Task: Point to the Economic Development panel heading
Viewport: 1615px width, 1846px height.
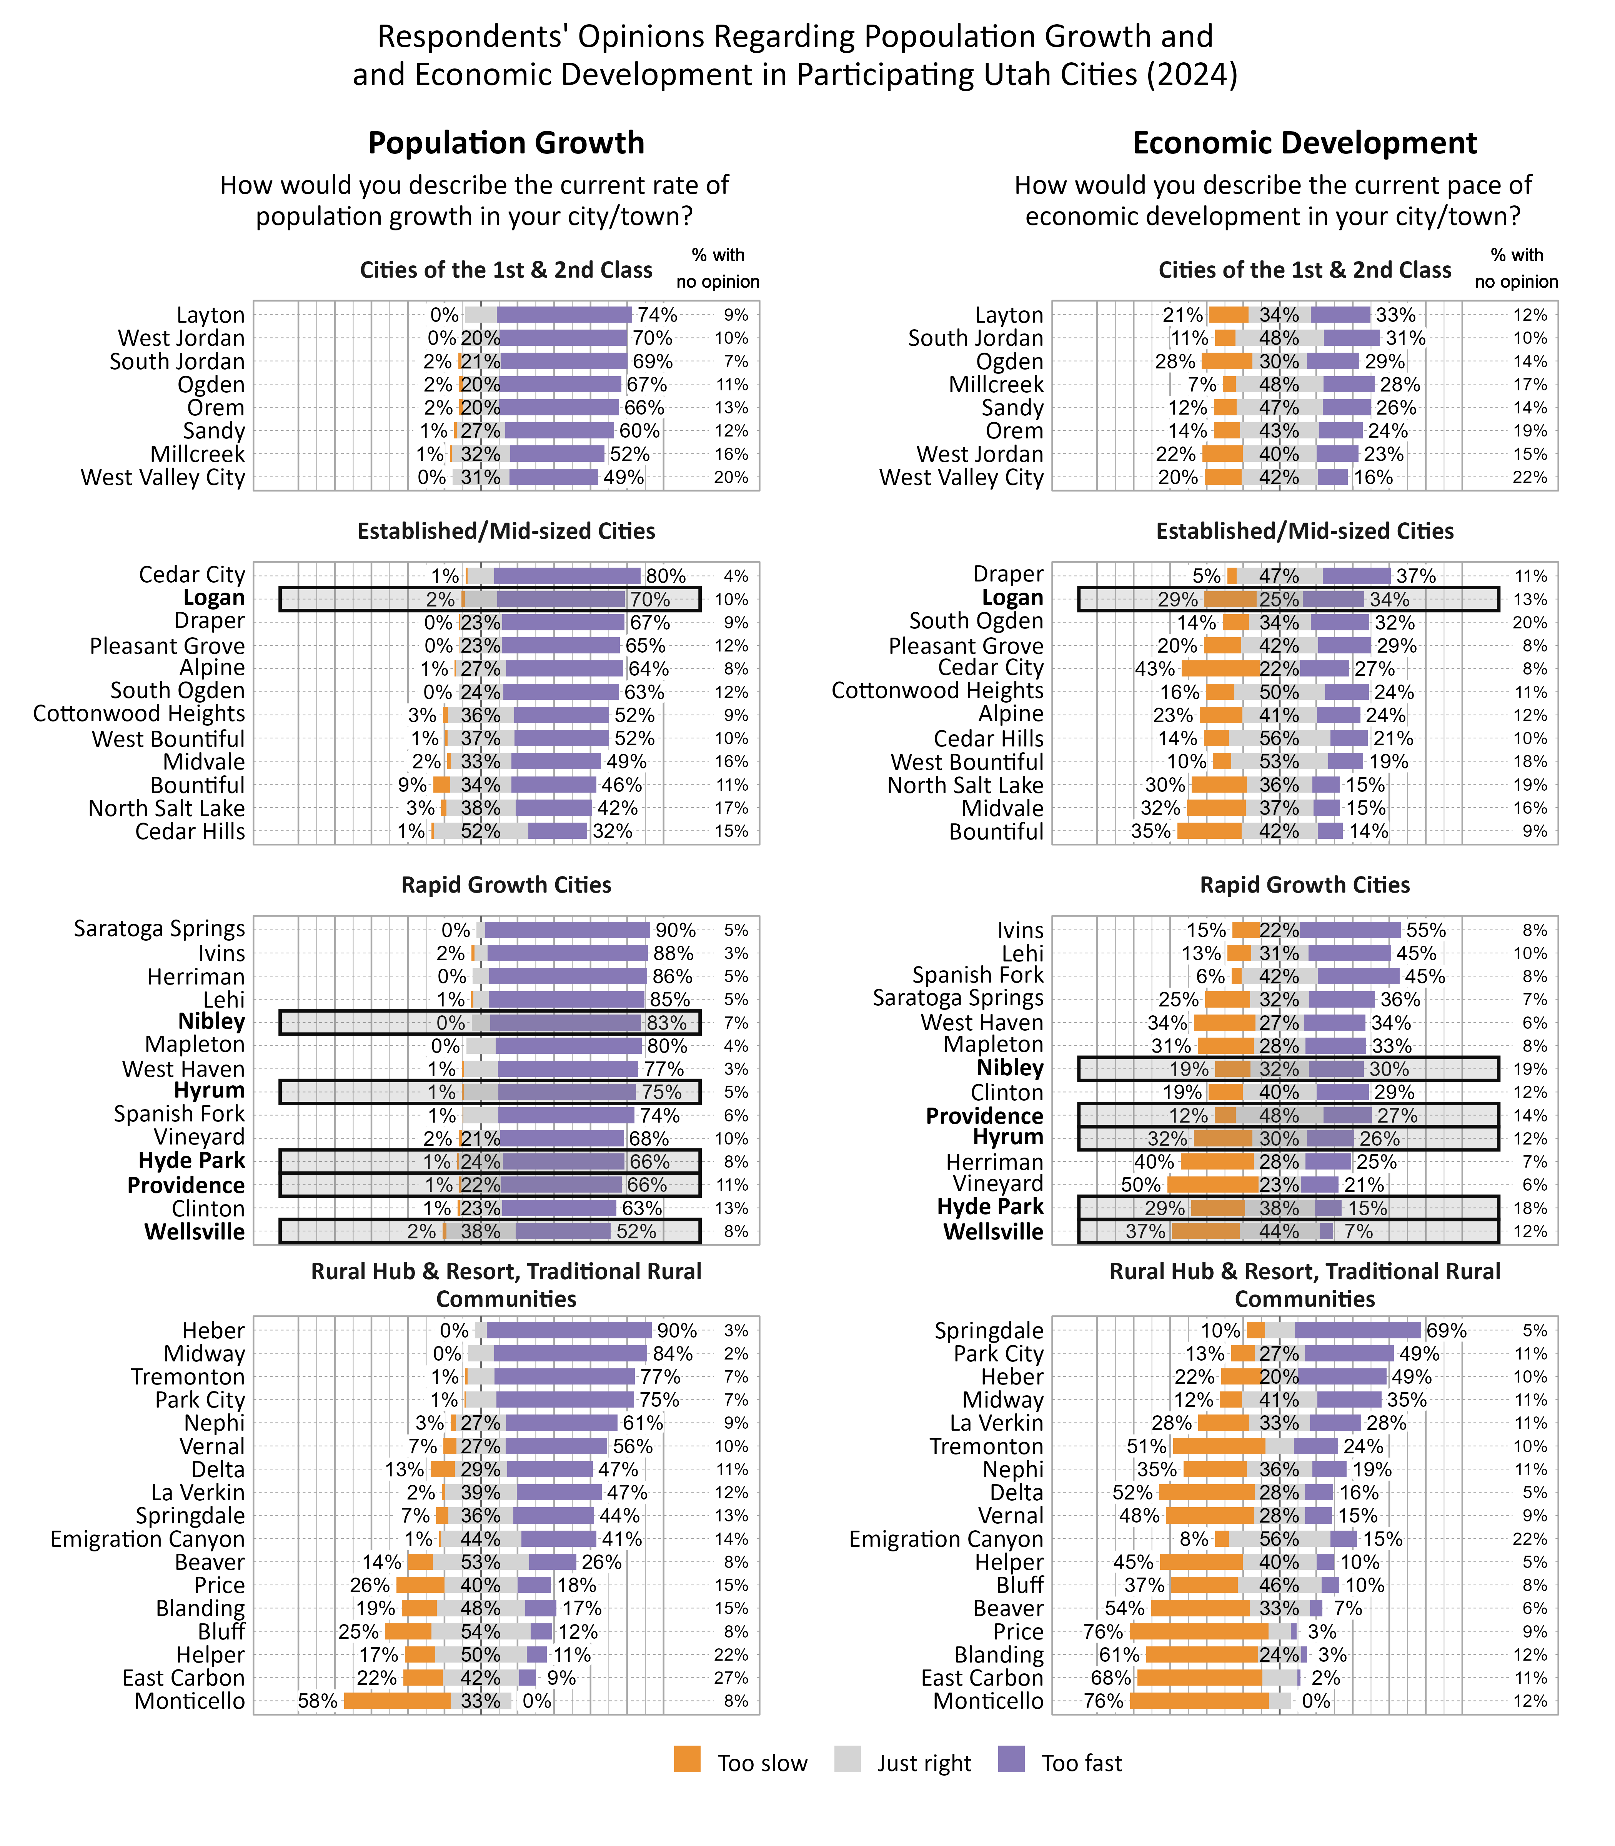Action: coord(1304,143)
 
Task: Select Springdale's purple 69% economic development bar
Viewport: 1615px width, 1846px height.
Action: coord(1357,1330)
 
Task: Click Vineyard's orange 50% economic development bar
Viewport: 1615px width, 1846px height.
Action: coord(1212,1185)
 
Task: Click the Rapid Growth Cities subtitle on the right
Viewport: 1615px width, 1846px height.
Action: coord(1304,885)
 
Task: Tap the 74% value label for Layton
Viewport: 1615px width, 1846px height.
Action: coord(657,315)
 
